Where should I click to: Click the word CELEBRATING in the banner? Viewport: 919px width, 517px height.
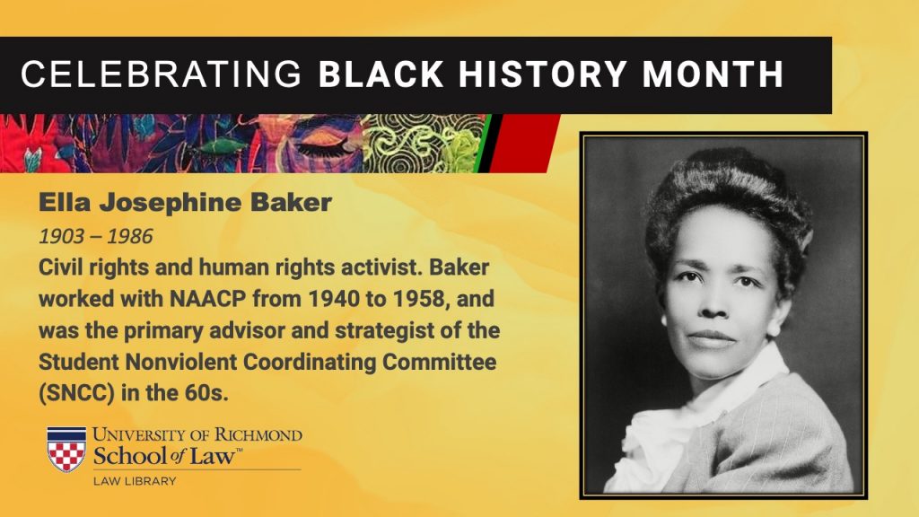[161, 74]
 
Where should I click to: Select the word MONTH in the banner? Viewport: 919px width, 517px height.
[713, 74]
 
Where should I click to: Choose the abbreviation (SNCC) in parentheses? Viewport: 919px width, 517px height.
[77, 393]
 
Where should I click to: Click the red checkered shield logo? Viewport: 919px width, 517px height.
[66, 449]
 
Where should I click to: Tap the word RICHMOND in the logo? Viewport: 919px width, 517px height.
[258, 435]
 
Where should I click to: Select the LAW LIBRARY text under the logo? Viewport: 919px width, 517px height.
[135, 481]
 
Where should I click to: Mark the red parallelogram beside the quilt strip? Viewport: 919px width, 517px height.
[523, 144]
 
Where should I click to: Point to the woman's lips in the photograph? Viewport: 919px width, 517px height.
[711, 338]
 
